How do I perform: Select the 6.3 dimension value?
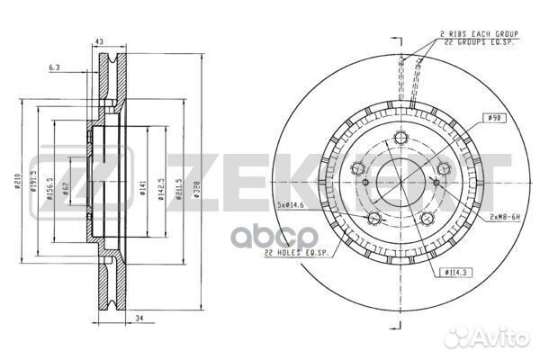[x=55, y=67]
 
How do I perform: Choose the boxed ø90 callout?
[x=493, y=118]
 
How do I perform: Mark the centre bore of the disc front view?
[x=397, y=177]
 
